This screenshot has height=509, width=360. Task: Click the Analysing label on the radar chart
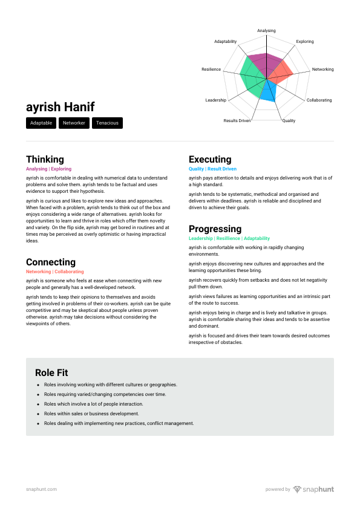[266, 30]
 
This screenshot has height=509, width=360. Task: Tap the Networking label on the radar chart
[322, 70]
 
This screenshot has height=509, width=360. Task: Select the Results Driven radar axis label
[237, 121]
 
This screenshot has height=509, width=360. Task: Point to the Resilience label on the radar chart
[211, 70]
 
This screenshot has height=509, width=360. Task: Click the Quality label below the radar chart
[289, 121]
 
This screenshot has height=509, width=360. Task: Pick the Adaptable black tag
[41, 123]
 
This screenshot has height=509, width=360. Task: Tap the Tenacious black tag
[107, 123]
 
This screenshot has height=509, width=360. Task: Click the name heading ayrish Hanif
[61, 107]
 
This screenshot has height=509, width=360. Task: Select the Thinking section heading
[45, 160]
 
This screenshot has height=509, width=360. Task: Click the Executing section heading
[210, 160]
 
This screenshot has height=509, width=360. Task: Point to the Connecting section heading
[51, 262]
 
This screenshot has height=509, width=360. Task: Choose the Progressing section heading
[215, 229]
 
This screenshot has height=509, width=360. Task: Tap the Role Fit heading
[51, 372]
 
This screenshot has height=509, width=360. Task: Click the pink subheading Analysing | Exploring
[49, 169]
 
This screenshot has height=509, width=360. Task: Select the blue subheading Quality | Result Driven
[212, 169]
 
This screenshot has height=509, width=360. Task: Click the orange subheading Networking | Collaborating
[55, 272]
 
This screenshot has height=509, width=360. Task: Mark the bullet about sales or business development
[91, 413]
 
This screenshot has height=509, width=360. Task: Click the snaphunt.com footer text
[42, 489]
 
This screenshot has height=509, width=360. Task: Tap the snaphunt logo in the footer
[313, 489]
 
